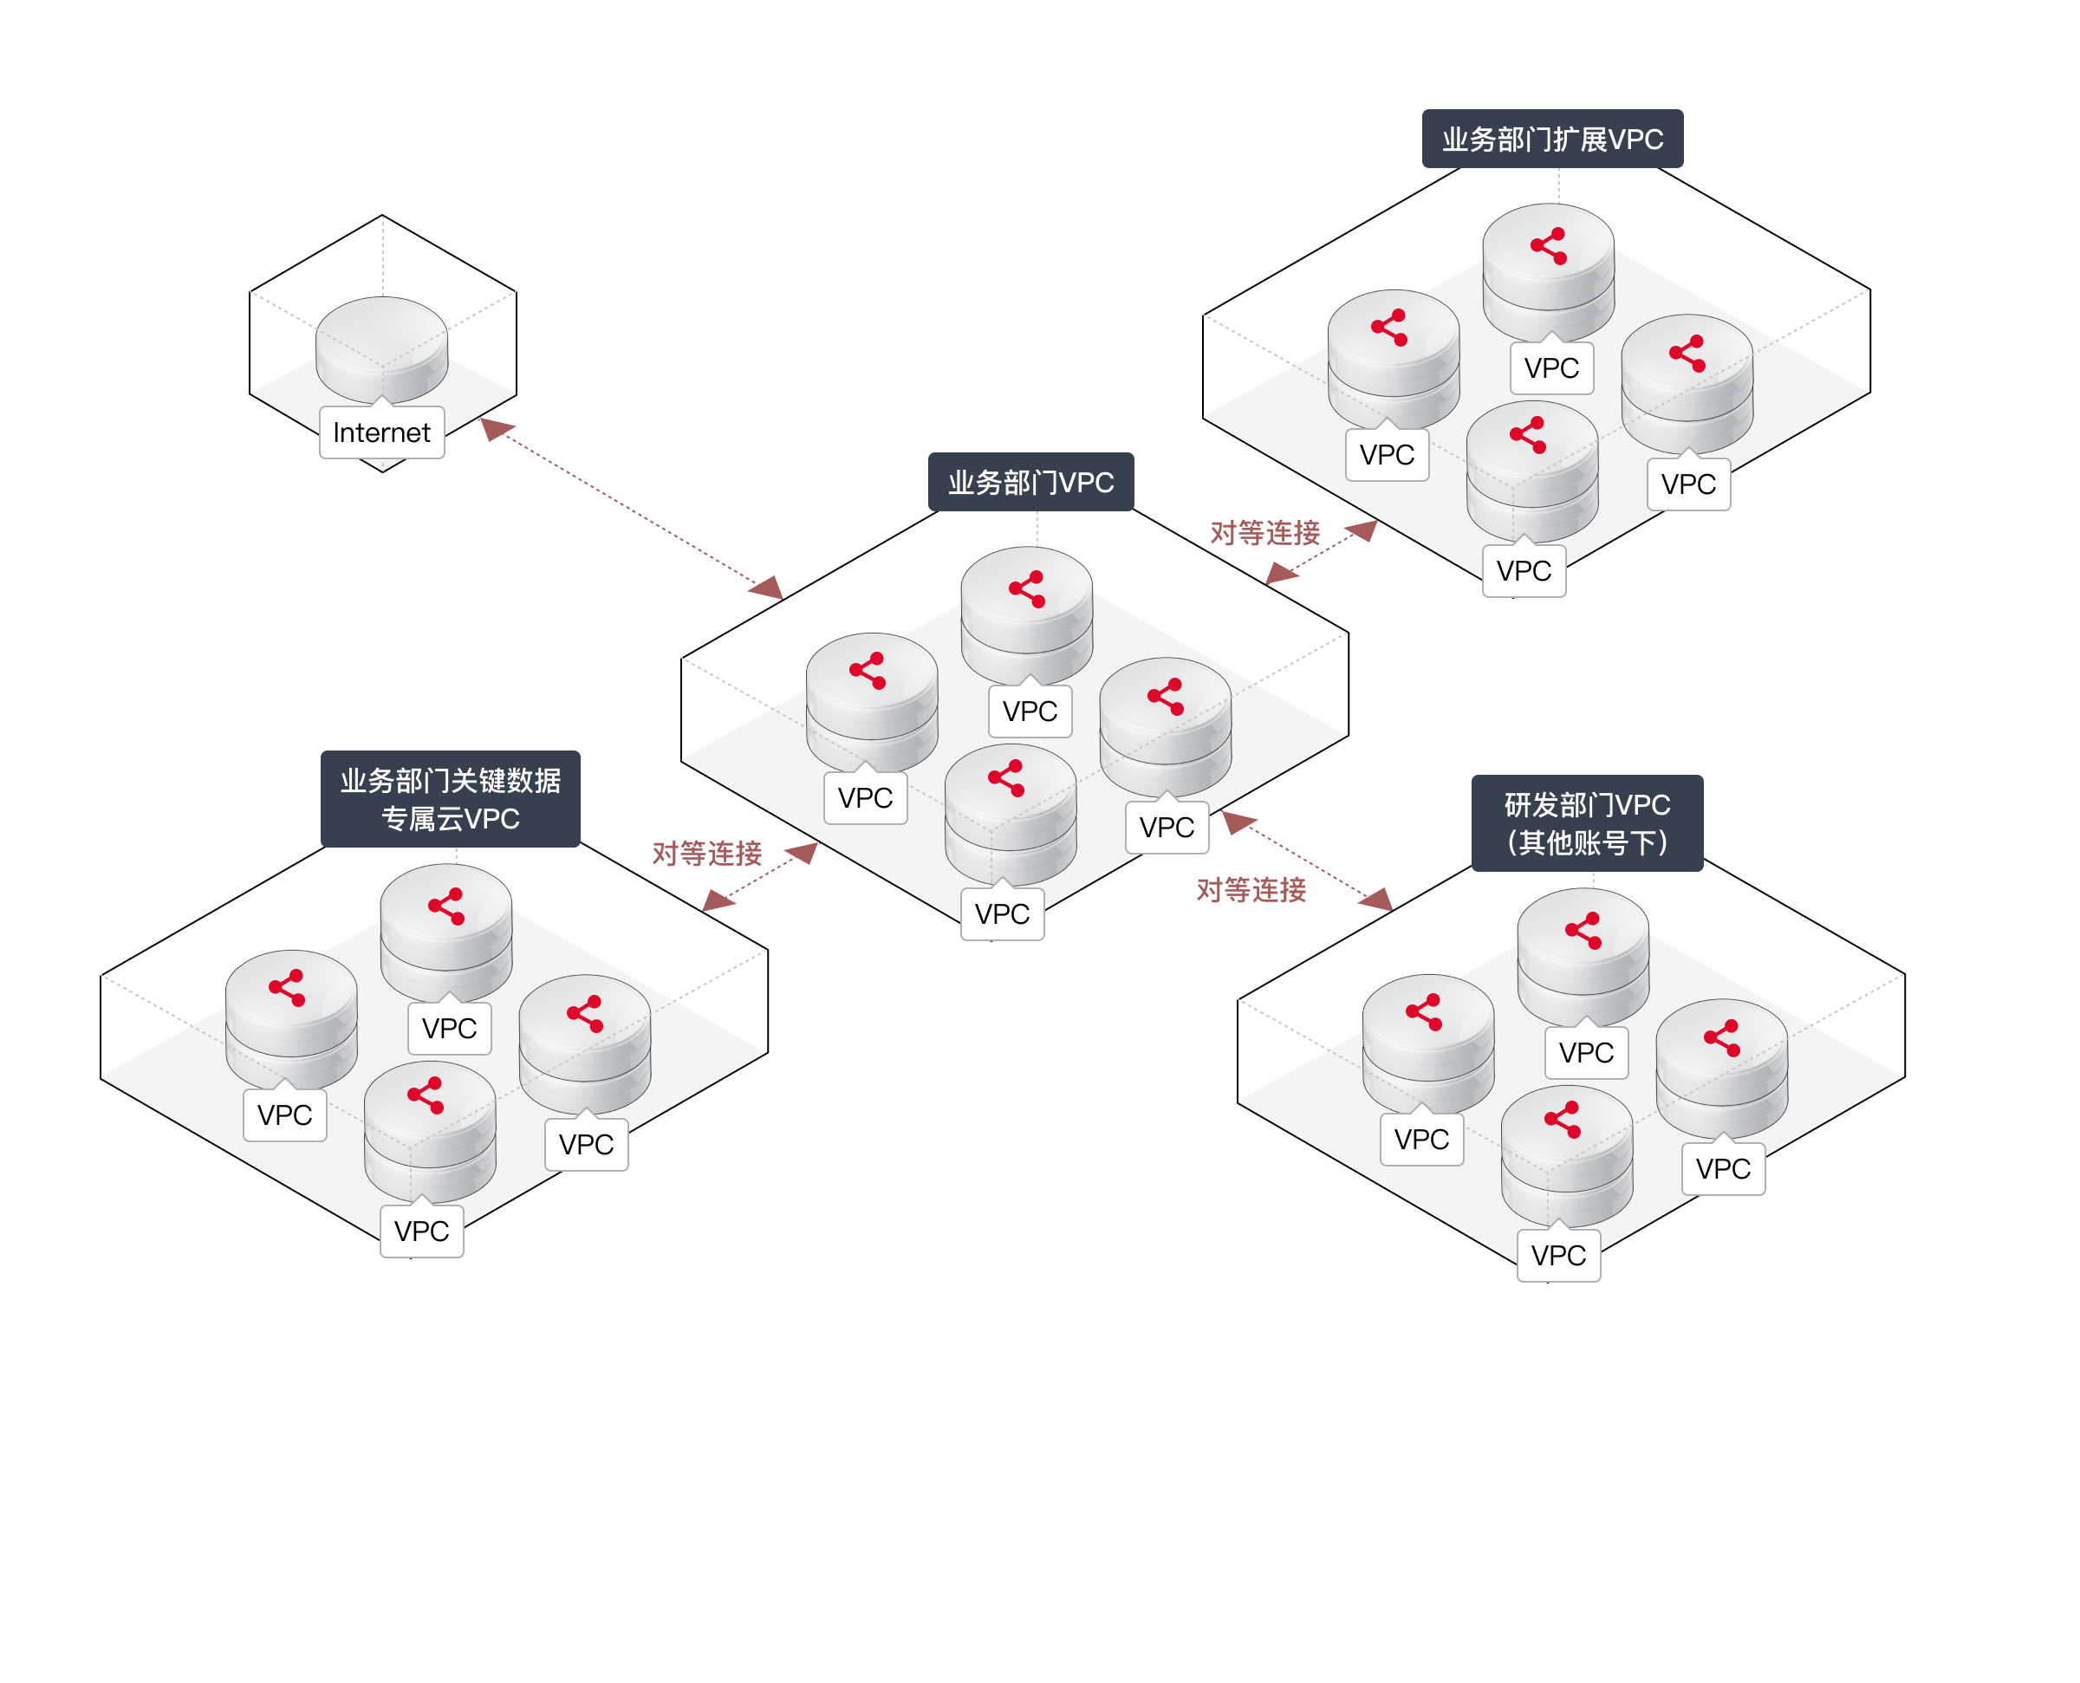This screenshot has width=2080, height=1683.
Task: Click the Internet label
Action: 382,432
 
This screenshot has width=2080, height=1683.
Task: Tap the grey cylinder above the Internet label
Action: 382,344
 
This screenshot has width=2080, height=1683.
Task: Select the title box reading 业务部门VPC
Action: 1030,482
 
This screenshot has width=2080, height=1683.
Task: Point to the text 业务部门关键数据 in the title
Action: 451,781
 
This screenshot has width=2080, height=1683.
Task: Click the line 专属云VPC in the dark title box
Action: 451,818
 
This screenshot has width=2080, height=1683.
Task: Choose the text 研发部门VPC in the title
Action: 1587,804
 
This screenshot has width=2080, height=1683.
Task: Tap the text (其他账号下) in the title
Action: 1587,842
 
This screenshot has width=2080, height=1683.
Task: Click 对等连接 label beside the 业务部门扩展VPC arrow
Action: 1264,532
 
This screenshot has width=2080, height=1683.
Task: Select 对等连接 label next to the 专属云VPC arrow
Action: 706,853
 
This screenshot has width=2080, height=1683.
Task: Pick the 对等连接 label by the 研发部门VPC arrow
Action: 1251,890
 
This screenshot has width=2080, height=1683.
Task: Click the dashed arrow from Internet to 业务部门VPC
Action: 631,509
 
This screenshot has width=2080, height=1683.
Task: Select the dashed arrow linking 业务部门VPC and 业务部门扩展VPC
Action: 1321,553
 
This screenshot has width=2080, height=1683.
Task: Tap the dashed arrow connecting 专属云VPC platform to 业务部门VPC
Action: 761,876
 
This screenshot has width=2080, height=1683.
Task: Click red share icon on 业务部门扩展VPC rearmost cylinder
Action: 1548,245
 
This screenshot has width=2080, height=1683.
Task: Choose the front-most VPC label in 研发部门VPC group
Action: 1557,1256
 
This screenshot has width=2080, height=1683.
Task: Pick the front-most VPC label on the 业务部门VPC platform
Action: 1002,914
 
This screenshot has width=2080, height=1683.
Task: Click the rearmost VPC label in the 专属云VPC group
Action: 450,1029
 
